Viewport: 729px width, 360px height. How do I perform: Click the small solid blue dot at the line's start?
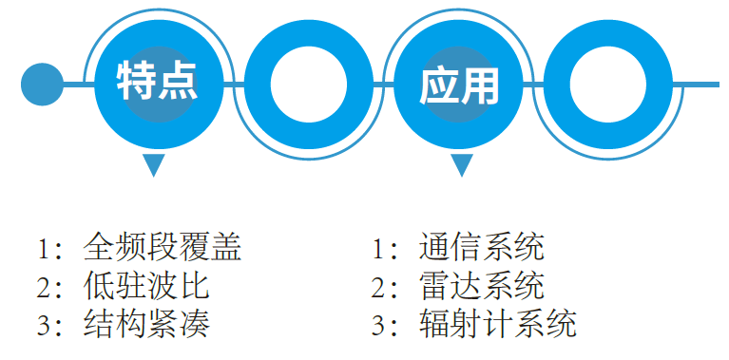pyautogui.click(x=41, y=84)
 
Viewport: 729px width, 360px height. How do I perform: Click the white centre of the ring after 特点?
pyautogui.click(x=309, y=84)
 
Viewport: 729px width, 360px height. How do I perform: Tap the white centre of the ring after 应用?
pyautogui.click(x=608, y=84)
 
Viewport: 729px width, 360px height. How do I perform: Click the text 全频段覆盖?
pyautogui.click(x=163, y=248)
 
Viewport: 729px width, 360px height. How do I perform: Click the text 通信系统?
pyautogui.click(x=482, y=248)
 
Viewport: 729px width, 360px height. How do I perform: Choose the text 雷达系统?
pyautogui.click(x=482, y=286)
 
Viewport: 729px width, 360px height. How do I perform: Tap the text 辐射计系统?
pyautogui.click(x=497, y=324)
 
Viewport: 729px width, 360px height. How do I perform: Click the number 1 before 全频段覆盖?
pyautogui.click(x=43, y=249)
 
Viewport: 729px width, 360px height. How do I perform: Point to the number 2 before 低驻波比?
pyautogui.click(x=43, y=287)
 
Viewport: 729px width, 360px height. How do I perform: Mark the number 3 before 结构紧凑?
pyautogui.click(x=43, y=325)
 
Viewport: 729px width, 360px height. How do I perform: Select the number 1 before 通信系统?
pyautogui.click(x=378, y=249)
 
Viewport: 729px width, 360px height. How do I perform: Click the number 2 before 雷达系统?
pyautogui.click(x=378, y=287)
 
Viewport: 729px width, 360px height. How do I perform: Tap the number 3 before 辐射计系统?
pyautogui.click(x=378, y=325)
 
